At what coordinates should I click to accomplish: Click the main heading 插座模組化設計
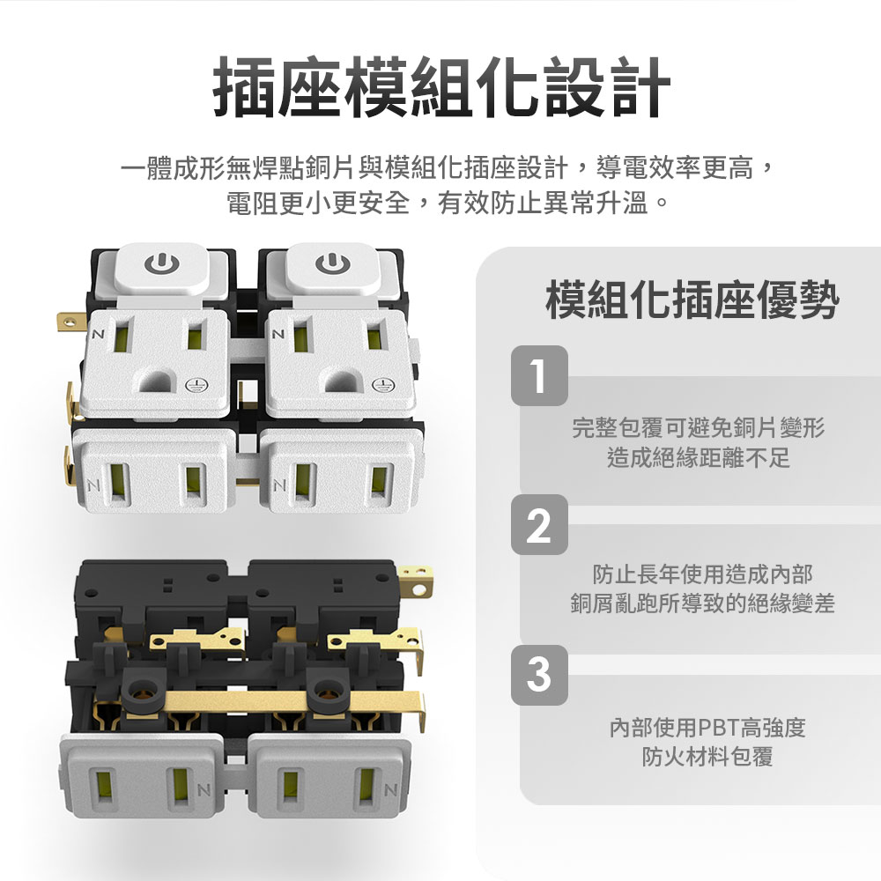[442, 87]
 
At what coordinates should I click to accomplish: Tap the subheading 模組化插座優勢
[692, 299]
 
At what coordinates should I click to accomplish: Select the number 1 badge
[539, 375]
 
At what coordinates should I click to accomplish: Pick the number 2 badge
[539, 525]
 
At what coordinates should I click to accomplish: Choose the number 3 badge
[539, 675]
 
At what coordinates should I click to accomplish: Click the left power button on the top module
[162, 265]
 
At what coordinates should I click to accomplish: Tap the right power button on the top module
[333, 265]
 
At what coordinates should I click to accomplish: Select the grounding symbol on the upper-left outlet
[196, 386]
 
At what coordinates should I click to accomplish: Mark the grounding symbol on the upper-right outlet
[384, 386]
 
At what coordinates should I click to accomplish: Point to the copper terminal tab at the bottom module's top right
[417, 581]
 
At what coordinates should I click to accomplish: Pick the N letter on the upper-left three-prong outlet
[99, 334]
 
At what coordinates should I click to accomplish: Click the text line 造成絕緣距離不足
[698, 457]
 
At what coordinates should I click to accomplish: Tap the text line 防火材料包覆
[707, 757]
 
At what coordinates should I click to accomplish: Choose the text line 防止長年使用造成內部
[702, 574]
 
